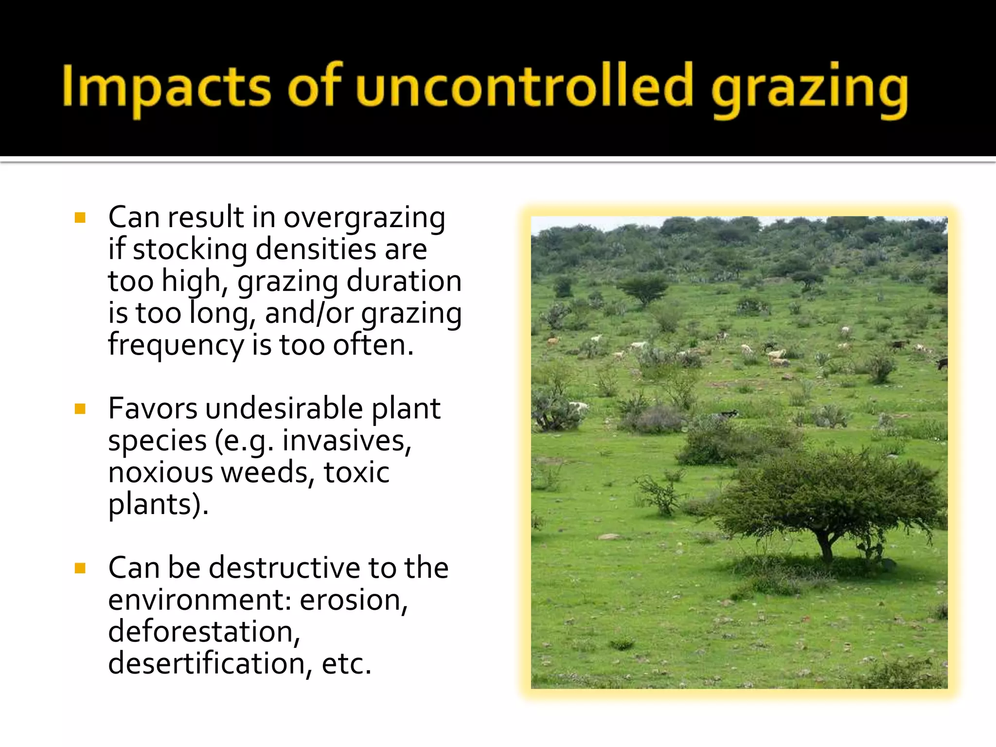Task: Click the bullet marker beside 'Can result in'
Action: [80, 217]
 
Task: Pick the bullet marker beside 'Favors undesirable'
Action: [80, 409]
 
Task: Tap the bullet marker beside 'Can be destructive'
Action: [80, 568]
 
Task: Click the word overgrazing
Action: [364, 218]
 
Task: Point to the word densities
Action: [316, 249]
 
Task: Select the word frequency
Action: [176, 345]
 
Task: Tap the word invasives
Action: [347, 441]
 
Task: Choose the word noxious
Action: [160, 473]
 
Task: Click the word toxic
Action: [356, 473]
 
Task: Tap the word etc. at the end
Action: [346, 664]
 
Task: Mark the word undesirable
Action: [284, 409]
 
